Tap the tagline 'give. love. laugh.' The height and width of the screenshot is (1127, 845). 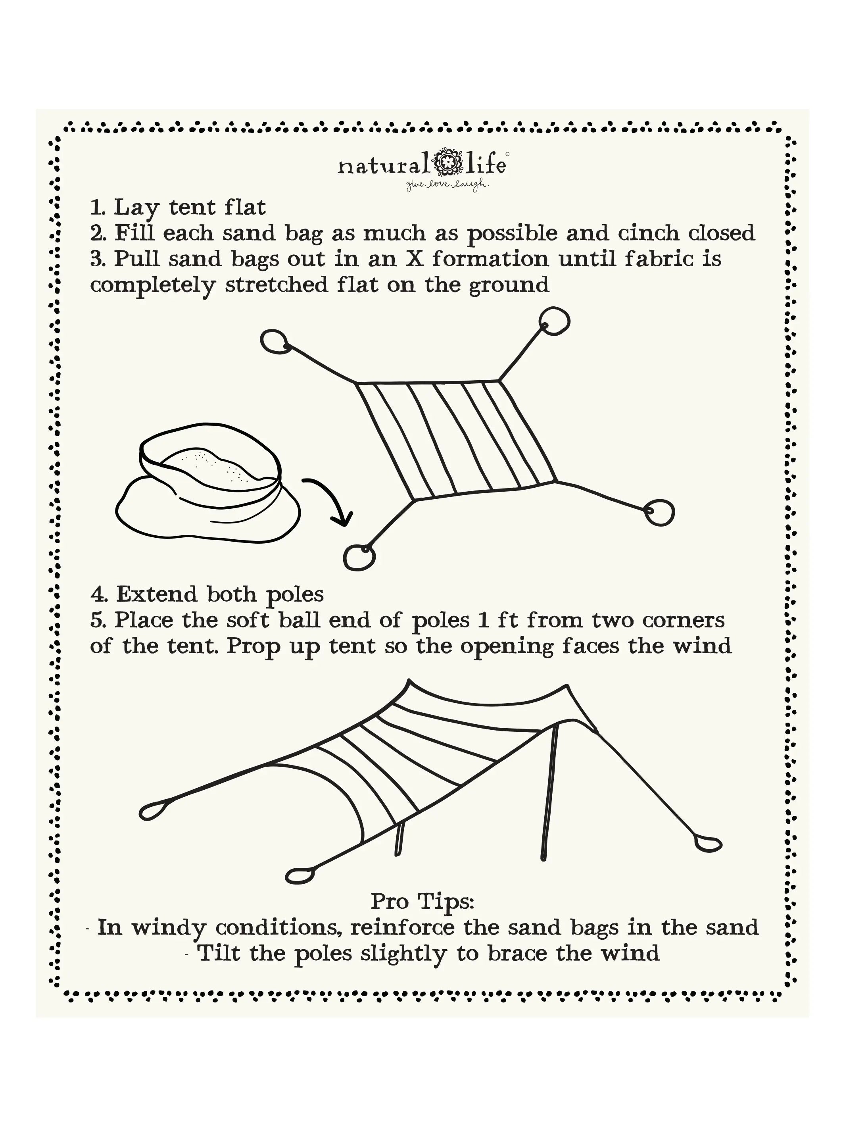click(447, 186)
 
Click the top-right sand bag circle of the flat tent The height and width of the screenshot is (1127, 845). click(554, 321)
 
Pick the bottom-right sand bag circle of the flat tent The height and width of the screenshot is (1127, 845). click(660, 513)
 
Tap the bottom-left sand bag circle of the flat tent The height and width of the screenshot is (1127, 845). click(359, 556)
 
